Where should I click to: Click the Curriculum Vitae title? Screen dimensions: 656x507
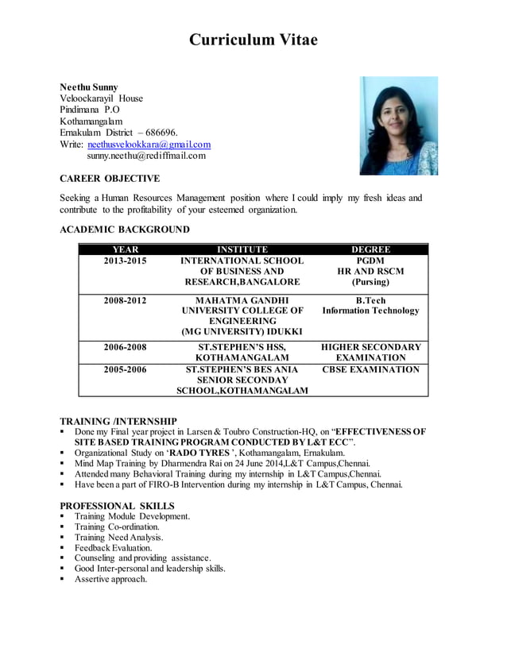pyautogui.click(x=253, y=40)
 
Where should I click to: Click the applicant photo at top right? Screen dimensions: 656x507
pyautogui.click(x=398, y=125)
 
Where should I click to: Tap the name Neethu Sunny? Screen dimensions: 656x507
pyautogui.click(x=89, y=87)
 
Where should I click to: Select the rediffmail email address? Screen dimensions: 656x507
pyautogui.click(x=146, y=156)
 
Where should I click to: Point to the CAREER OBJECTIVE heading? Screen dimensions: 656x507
pyautogui.click(x=110, y=179)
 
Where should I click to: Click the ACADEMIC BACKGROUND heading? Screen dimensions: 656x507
pyautogui.click(x=125, y=230)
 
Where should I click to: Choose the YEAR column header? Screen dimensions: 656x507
pyautogui.click(x=126, y=249)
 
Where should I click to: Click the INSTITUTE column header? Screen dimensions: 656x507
pyautogui.click(x=242, y=249)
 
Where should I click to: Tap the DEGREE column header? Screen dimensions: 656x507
pyautogui.click(x=370, y=249)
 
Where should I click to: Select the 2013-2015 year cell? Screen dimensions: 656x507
pyautogui.click(x=126, y=260)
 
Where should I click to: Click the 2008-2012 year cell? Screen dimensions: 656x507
pyautogui.click(x=126, y=300)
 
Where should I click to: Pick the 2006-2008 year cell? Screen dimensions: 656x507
pyautogui.click(x=126, y=347)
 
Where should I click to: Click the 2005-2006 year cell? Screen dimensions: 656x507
pyautogui.click(x=126, y=369)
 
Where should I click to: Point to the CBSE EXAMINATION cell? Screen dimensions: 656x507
pyautogui.click(x=370, y=369)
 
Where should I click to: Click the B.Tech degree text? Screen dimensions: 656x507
pyautogui.click(x=370, y=300)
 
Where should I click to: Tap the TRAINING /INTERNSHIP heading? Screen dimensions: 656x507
pyautogui.click(x=118, y=420)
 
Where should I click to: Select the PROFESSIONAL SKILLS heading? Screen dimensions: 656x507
pyautogui.click(x=118, y=506)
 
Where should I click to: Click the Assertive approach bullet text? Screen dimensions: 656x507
pyautogui.click(x=111, y=579)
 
